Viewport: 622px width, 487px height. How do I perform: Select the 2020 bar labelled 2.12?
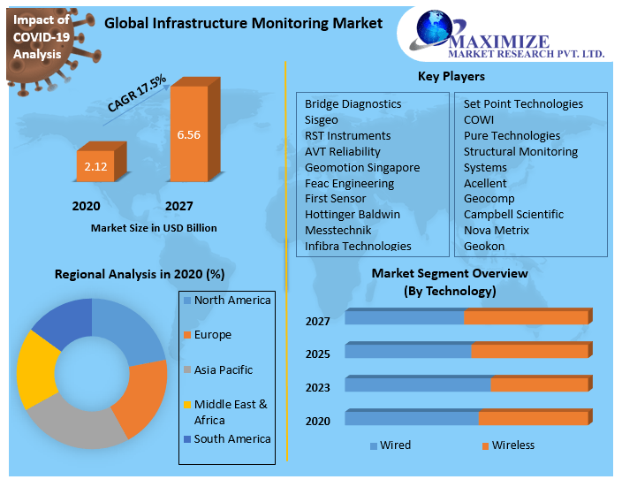click(95, 165)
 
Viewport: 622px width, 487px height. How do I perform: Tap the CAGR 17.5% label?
click(137, 94)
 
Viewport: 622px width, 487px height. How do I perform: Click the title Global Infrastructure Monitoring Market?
click(244, 24)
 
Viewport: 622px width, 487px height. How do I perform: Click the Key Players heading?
click(451, 76)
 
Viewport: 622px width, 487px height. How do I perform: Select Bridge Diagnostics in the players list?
click(353, 104)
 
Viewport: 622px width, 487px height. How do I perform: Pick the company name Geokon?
click(484, 246)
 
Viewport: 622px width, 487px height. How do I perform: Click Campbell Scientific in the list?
click(513, 214)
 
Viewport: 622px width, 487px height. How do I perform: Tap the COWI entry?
click(479, 119)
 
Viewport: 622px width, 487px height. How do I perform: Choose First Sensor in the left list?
click(335, 199)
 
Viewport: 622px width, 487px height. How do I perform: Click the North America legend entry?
click(231, 301)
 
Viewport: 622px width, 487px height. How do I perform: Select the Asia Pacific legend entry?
click(223, 370)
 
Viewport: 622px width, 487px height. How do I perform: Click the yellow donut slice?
click(35, 365)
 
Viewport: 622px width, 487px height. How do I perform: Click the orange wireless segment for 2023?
click(539, 384)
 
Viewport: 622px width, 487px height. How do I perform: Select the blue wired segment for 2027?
click(404, 317)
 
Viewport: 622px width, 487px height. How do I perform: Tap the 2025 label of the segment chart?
click(317, 354)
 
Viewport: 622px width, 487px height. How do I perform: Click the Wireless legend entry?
click(512, 445)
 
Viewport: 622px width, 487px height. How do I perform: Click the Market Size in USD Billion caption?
click(154, 228)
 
